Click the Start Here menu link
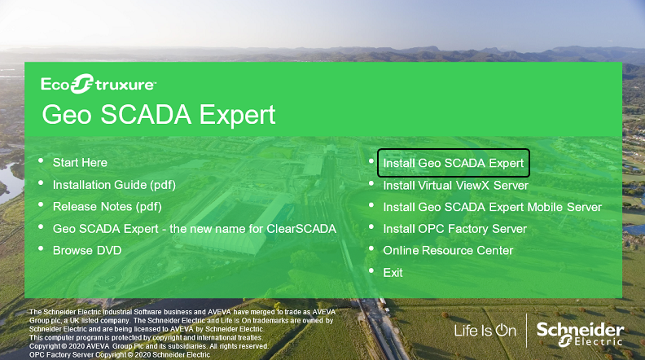click(x=80, y=163)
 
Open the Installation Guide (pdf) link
click(x=114, y=185)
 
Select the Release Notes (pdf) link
click(x=107, y=207)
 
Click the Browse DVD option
click(x=87, y=251)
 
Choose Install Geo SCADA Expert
click(x=454, y=163)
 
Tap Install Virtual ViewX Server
click(x=455, y=186)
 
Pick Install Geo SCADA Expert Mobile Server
click(x=493, y=207)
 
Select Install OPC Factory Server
click(x=454, y=229)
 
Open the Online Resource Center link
click(x=448, y=251)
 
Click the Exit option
click(x=393, y=273)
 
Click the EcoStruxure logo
click(x=99, y=84)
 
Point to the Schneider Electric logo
click(x=580, y=335)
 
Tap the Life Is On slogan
click(x=485, y=331)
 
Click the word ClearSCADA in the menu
click(x=301, y=229)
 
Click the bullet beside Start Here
click(x=41, y=161)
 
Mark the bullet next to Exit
click(x=371, y=270)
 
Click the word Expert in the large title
click(x=237, y=115)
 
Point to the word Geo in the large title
click(x=67, y=114)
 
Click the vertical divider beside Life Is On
click(x=527, y=331)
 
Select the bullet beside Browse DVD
click(x=41, y=248)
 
